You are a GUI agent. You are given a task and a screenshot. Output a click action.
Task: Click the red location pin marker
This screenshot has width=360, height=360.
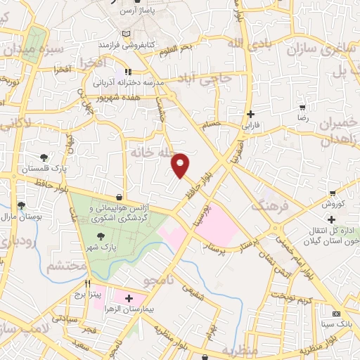[181, 165]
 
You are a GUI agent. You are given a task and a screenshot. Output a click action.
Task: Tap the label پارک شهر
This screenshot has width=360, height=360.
[103, 247]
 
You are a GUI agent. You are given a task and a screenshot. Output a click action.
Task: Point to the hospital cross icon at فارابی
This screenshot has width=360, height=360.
[251, 114]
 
